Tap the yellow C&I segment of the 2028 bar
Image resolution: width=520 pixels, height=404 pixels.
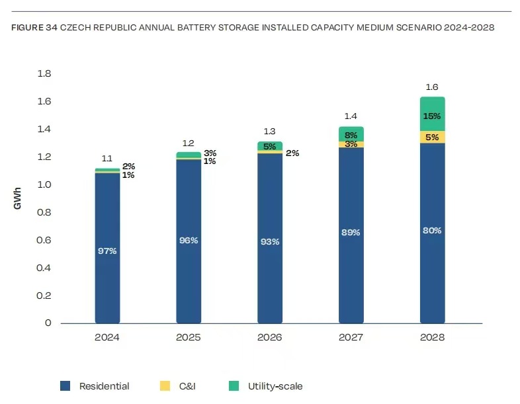click(432, 137)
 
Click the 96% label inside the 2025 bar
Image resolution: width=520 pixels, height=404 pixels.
click(189, 240)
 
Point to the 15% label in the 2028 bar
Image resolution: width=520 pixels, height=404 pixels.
click(432, 116)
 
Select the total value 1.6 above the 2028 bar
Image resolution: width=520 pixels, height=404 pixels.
click(432, 87)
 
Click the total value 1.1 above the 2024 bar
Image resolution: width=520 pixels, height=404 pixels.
click(107, 159)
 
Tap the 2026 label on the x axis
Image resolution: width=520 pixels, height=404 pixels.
click(270, 337)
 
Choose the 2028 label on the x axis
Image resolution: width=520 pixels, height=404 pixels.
click(432, 337)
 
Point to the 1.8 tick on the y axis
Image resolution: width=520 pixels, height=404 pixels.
click(44, 73)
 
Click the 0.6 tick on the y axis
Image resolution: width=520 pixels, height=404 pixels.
click(44, 240)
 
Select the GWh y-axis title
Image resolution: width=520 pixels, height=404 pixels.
click(18, 198)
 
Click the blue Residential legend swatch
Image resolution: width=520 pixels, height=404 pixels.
click(65, 385)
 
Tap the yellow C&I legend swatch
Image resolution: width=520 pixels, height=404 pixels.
click(165, 385)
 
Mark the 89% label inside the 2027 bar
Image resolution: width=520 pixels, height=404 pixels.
click(351, 232)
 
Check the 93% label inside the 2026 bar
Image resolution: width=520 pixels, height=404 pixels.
click(270, 241)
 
